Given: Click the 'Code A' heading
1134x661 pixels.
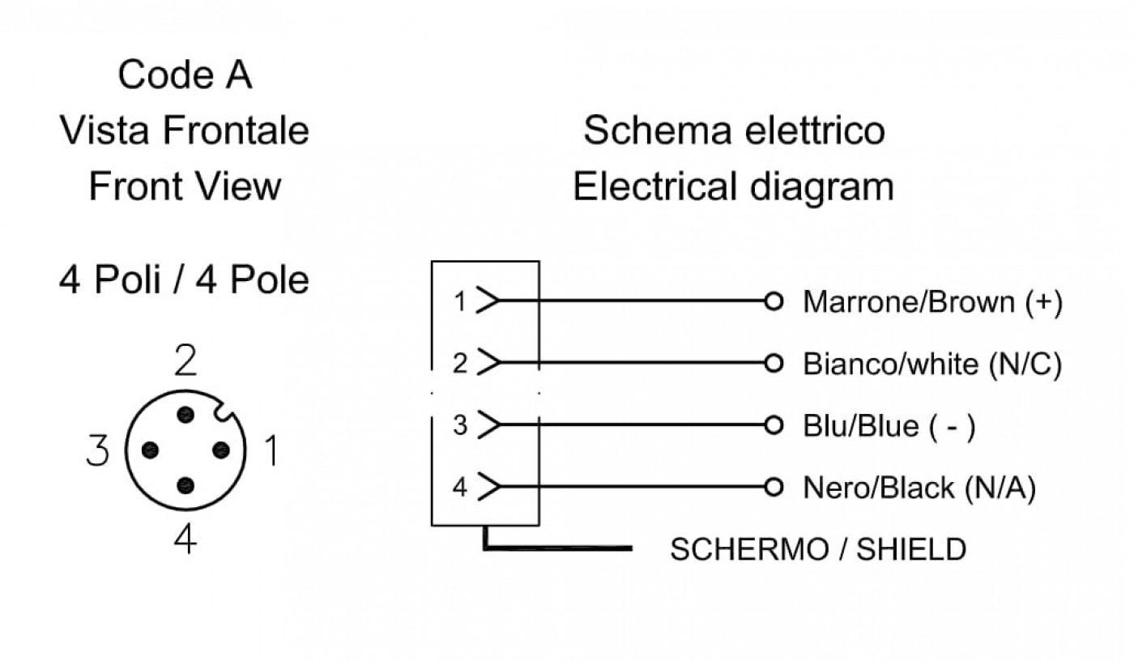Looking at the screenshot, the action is [x=185, y=75].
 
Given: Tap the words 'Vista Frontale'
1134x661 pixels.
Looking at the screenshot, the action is [x=185, y=130].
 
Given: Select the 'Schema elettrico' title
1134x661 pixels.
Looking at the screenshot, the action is [x=734, y=130].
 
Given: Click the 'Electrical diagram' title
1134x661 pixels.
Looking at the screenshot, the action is [x=734, y=186].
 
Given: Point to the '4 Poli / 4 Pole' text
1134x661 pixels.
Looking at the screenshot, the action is [x=184, y=279].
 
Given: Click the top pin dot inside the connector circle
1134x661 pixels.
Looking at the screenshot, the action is [x=185, y=415].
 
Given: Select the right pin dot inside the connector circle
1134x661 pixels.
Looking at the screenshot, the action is [x=221, y=450].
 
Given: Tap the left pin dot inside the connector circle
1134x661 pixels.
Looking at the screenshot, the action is [x=150, y=450].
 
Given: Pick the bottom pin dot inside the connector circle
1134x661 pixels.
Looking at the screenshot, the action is [x=185, y=485].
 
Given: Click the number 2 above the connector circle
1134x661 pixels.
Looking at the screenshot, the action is [x=185, y=360].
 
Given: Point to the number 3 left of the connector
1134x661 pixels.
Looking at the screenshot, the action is [x=97, y=450].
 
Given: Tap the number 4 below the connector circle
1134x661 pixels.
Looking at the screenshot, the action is [x=185, y=539].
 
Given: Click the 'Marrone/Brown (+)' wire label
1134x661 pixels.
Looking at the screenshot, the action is [x=932, y=302].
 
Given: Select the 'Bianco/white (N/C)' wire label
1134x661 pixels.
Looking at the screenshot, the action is [x=932, y=364].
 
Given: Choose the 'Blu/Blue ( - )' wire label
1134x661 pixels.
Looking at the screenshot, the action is [x=889, y=425].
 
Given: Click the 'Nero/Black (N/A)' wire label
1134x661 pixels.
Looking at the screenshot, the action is [x=919, y=488].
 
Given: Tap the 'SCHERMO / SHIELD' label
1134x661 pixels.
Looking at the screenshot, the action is [x=819, y=549].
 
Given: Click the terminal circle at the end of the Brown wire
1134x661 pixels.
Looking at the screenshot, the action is [x=774, y=301].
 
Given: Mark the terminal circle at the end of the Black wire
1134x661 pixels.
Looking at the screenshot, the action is [x=774, y=487].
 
